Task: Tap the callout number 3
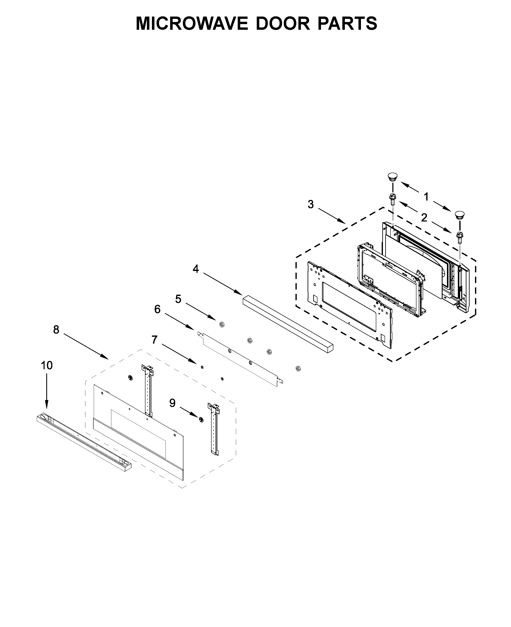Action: click(x=311, y=204)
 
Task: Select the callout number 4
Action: click(x=196, y=269)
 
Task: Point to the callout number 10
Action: click(x=46, y=365)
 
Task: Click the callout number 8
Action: click(x=56, y=330)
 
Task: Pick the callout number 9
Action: click(x=172, y=403)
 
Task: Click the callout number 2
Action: click(x=424, y=218)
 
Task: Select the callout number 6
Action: click(x=158, y=309)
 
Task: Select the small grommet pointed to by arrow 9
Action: click(x=201, y=420)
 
